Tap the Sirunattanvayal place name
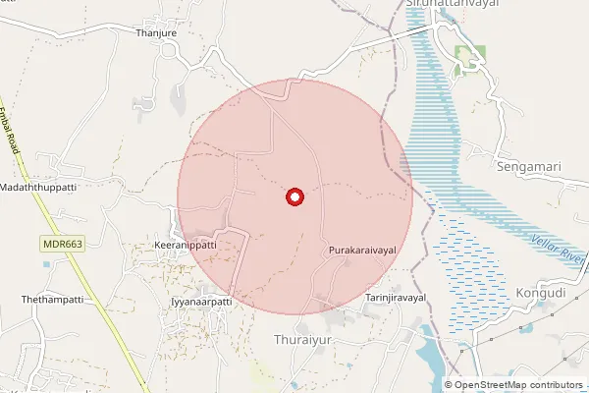pyautogui.click(x=452, y=4)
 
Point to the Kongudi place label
pyautogui.click(x=540, y=293)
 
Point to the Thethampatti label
pyautogui.click(x=49, y=298)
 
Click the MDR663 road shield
pyautogui.click(x=61, y=243)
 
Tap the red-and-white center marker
pyautogui.click(x=294, y=197)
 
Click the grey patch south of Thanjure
pyautogui.click(x=179, y=98)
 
